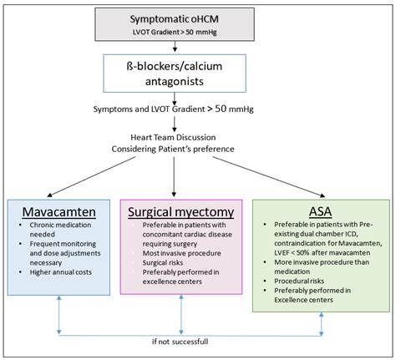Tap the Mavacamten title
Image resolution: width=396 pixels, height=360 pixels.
click(52, 213)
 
